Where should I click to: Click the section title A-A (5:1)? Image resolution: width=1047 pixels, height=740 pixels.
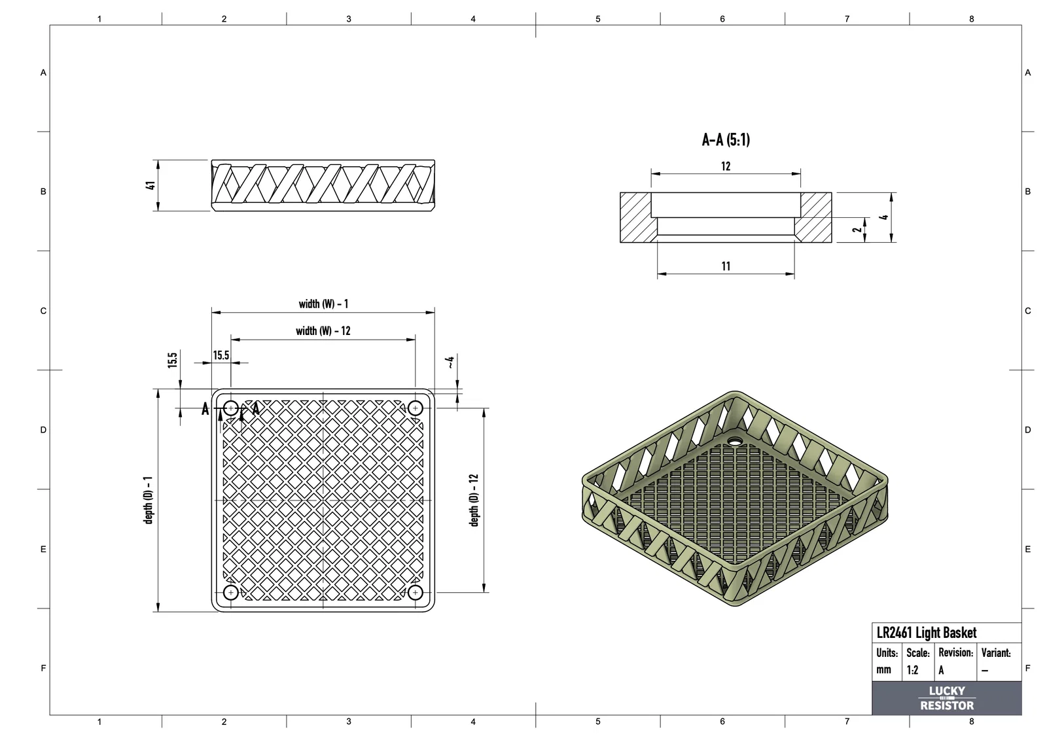click(x=726, y=140)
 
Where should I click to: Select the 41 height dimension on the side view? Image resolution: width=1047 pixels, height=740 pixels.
click(x=151, y=186)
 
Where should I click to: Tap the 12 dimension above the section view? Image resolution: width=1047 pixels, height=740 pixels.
click(x=726, y=166)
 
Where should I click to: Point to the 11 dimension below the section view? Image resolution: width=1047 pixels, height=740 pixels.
click(x=726, y=266)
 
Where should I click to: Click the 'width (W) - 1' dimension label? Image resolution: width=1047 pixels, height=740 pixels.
click(x=323, y=304)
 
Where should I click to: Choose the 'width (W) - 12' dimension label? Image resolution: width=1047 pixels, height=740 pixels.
click(x=323, y=331)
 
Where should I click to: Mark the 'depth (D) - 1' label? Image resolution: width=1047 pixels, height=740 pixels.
click(x=148, y=500)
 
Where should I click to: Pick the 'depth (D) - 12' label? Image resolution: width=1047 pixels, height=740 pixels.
click(x=474, y=500)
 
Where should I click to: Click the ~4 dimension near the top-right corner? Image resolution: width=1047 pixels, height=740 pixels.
click(x=450, y=362)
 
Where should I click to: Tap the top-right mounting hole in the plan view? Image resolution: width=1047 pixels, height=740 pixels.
click(x=415, y=408)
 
